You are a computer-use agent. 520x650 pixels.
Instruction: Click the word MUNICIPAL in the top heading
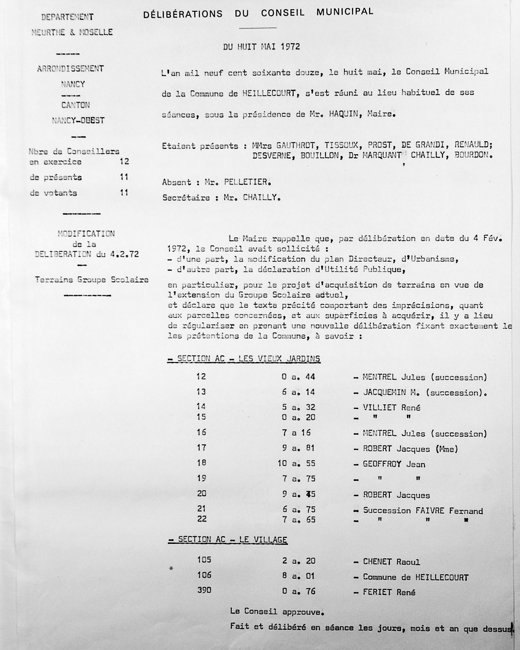coord(345,12)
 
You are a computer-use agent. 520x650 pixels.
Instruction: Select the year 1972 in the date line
coord(290,47)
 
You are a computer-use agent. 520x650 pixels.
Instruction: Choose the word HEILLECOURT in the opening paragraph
coord(269,93)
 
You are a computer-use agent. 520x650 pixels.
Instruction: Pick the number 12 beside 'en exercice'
coord(124,161)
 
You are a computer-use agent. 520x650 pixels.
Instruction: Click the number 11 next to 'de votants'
coord(124,192)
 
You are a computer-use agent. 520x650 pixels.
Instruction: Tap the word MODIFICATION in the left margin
coord(86,234)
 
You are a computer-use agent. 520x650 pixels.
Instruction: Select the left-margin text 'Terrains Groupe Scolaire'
coord(92,279)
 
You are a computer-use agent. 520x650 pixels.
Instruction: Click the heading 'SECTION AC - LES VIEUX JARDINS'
coord(244,358)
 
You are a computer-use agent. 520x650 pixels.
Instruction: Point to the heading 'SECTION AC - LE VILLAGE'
coord(228,540)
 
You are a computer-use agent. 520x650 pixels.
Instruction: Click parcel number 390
coord(204,590)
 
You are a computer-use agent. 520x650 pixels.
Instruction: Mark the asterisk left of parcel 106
coord(171,568)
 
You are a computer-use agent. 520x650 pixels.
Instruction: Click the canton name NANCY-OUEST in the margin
coord(78,121)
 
